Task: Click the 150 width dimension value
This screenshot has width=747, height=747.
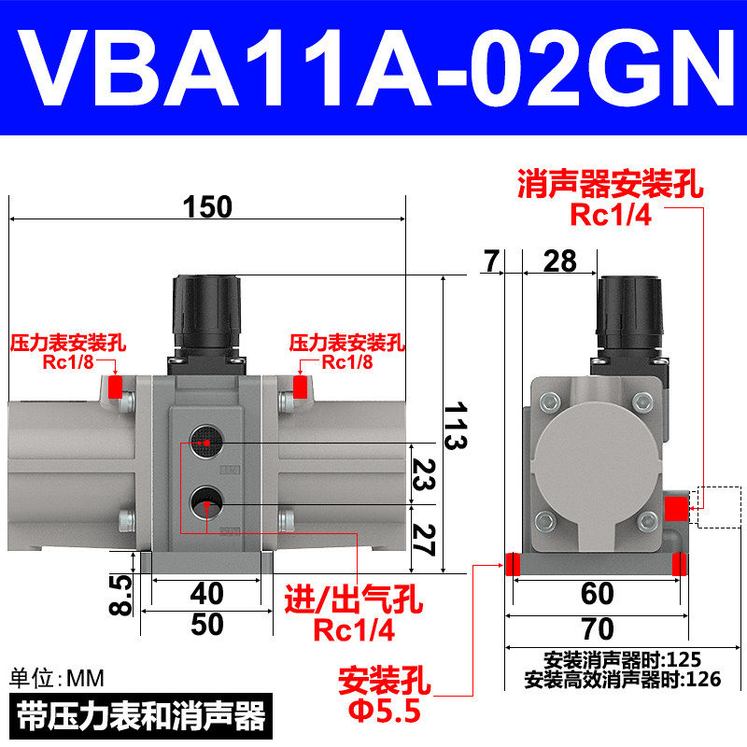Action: [207, 206]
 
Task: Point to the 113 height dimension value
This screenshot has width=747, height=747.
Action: [456, 426]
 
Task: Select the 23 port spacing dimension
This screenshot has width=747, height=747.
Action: [423, 474]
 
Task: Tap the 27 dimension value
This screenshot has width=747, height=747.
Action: [423, 540]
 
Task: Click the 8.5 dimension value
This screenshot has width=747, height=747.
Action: [120, 596]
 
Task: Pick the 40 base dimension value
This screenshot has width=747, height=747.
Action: [206, 594]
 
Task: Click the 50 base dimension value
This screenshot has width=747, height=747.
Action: [207, 624]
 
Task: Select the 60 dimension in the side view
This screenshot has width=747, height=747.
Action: [598, 594]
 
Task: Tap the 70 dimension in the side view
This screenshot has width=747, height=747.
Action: [598, 628]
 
